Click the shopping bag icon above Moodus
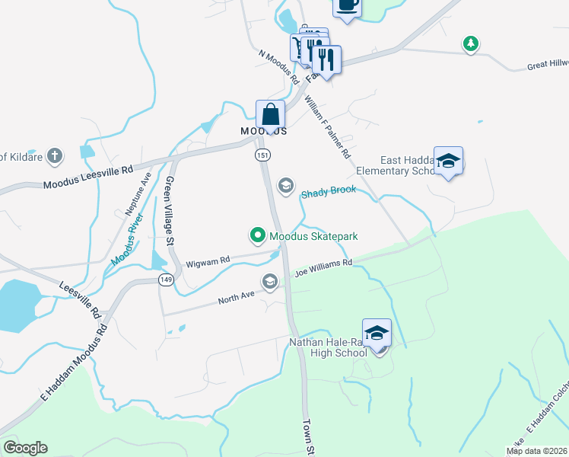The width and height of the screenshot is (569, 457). pos(271,114)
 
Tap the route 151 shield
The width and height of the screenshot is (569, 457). pos(262,155)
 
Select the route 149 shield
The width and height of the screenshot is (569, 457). pos(164,280)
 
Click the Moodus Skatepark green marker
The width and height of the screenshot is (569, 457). pos(258,236)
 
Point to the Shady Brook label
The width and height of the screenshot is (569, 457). pos(329,191)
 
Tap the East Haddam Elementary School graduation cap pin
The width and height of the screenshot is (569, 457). pos(449,161)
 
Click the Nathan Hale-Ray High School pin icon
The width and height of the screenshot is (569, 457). pos(377,333)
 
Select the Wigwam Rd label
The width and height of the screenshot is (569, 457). pos(208,261)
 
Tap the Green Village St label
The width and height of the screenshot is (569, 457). pos(170,210)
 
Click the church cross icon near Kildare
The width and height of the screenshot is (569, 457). pos(54,157)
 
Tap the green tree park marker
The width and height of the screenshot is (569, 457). pos(472,44)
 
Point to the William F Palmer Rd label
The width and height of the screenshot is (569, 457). pos(329,126)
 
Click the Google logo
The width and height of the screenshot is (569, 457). pos(25,448)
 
